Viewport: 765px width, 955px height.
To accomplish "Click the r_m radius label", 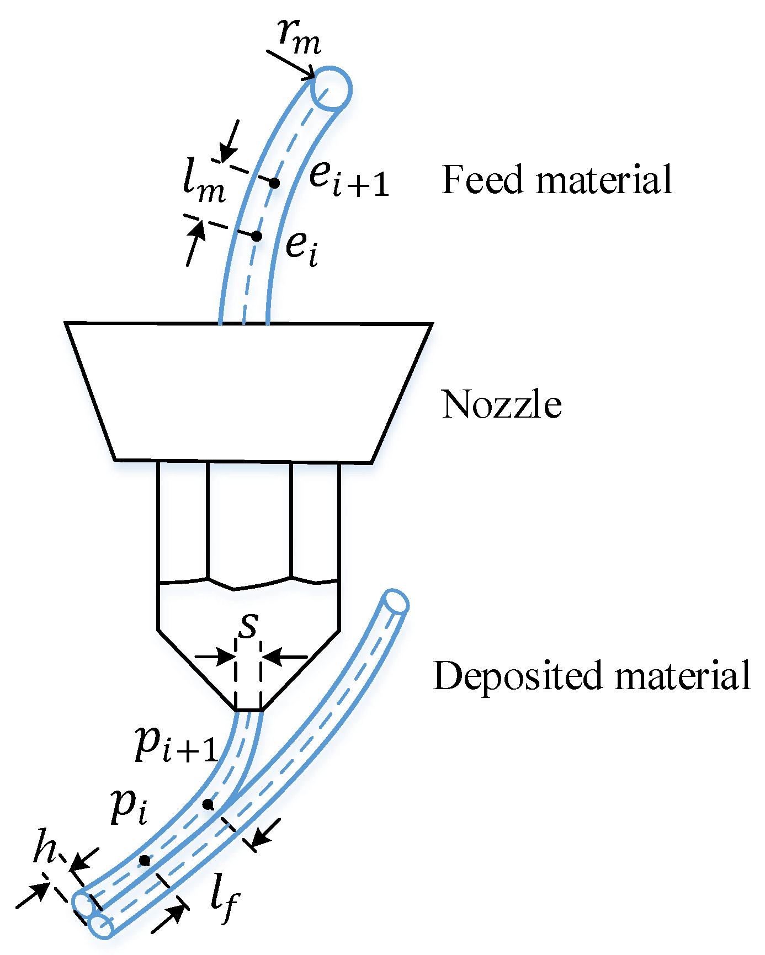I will pos(299,38).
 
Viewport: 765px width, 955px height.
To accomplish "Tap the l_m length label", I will pos(203,184).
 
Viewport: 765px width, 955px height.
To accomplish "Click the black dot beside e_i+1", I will pos(274,183).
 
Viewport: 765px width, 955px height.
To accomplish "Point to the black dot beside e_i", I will pos(256,236).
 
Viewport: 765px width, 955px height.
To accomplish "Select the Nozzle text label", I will pos(501,404).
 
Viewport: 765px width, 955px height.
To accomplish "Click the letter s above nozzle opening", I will pos(249,625).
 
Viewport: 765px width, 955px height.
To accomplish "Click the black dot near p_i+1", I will pos(208,804).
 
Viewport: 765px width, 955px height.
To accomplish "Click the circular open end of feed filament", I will pos(330,89).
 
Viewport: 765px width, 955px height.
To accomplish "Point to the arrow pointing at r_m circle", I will pos(290,64).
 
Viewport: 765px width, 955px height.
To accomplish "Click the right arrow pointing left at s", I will pos(285,657).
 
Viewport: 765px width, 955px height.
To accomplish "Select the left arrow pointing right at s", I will pos(215,657).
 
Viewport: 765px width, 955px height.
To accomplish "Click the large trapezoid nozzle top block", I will pos(248,392).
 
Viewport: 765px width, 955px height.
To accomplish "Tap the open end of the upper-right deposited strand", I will pos(395,601).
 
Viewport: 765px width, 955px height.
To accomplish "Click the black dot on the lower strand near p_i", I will pos(144,860).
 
